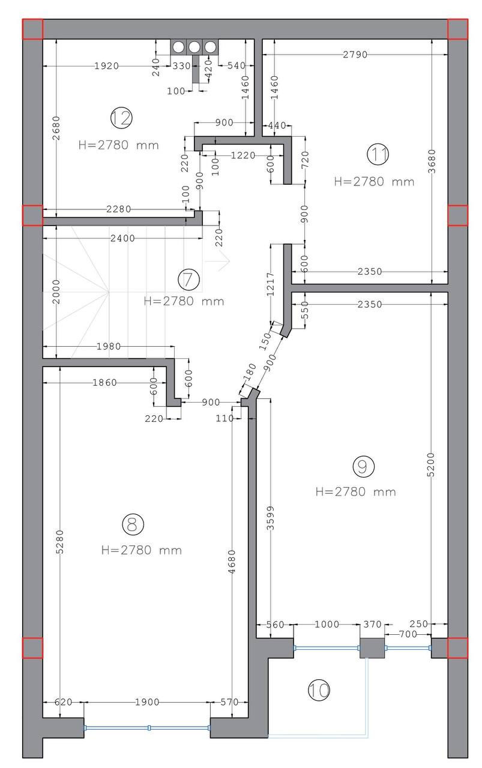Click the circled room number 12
[121, 118]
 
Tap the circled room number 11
[378, 154]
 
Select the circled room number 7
[188, 280]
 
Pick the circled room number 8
[133, 524]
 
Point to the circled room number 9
[364, 466]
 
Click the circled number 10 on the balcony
[319, 690]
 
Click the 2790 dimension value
[355, 54]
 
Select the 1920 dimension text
[106, 65]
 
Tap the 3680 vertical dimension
[432, 161]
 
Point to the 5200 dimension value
[431, 464]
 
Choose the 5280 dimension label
[59, 542]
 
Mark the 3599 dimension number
[270, 518]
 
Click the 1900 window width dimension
[147, 702]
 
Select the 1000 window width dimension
[327, 624]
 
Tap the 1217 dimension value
[270, 284]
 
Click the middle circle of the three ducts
[194, 47]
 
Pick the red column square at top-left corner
[32, 29]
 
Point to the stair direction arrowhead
[224, 261]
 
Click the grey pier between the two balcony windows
[372, 648]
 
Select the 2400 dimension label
[122, 238]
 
